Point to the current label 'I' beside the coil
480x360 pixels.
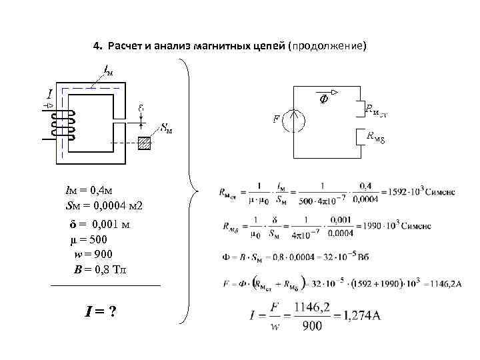(x=49, y=96)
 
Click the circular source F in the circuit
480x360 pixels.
(x=293, y=122)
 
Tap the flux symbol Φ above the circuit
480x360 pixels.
(x=323, y=100)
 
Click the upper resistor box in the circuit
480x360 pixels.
(x=359, y=109)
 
